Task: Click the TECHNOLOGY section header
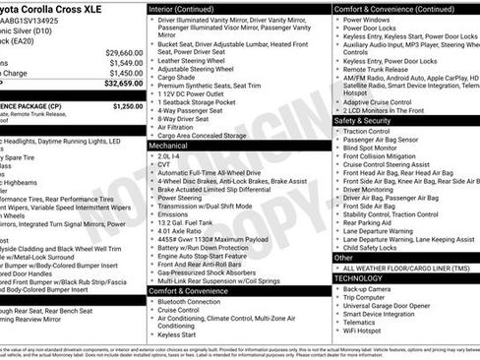(358, 278)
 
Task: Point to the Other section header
(343, 257)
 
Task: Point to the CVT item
(166, 163)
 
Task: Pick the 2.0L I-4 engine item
(171, 154)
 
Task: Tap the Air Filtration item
(180, 126)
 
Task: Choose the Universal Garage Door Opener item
(394, 309)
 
